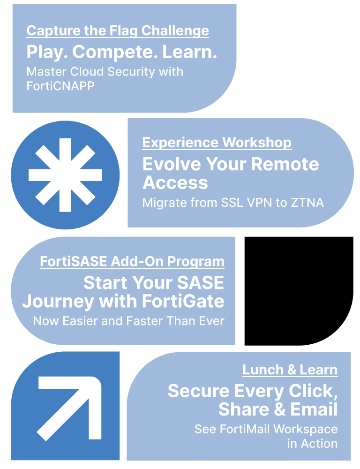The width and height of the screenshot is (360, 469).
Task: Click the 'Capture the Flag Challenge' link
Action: click(118, 31)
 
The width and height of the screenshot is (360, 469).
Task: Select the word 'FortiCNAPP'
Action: click(60, 86)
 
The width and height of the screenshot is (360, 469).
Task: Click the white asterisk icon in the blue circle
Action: click(65, 175)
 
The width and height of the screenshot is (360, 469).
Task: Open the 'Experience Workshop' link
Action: click(217, 143)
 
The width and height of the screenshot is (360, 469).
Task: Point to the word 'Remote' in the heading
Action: click(285, 164)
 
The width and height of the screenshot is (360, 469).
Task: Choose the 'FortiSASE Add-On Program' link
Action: click(132, 262)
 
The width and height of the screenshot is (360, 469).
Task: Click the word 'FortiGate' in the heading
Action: click(183, 301)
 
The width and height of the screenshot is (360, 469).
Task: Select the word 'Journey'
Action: click(58, 302)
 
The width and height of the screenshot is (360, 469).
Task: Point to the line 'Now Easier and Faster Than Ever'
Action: click(128, 321)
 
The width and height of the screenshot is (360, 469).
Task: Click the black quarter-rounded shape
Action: click(299, 291)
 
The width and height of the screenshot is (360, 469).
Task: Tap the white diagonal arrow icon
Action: click(69, 408)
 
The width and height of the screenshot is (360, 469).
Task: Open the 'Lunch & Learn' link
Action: click(290, 370)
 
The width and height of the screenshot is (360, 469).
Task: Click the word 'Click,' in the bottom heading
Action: click(313, 391)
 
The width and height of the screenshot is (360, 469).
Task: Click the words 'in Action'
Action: click(313, 444)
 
